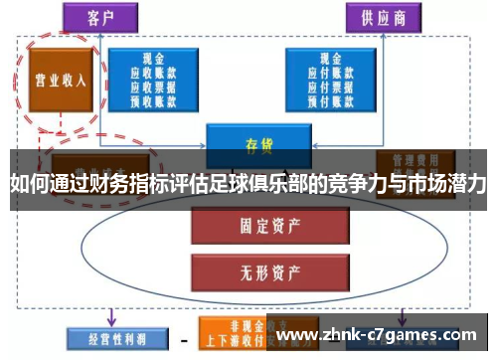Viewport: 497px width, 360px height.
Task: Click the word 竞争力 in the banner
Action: tap(355, 185)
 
